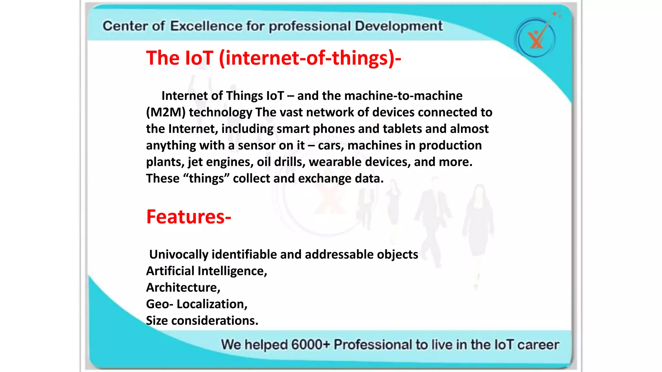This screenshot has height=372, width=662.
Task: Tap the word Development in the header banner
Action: (399, 26)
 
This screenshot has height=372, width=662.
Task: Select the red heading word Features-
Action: (189, 217)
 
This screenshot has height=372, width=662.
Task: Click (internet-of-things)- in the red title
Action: (310, 58)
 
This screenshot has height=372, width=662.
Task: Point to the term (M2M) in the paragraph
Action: (165, 112)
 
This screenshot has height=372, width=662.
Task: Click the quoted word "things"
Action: (206, 179)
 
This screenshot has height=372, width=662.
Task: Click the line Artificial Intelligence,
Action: (207, 271)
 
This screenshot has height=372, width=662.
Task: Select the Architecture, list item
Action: (183, 287)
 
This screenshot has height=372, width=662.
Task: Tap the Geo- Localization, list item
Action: (197, 304)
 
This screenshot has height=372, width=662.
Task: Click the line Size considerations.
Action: (202, 321)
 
